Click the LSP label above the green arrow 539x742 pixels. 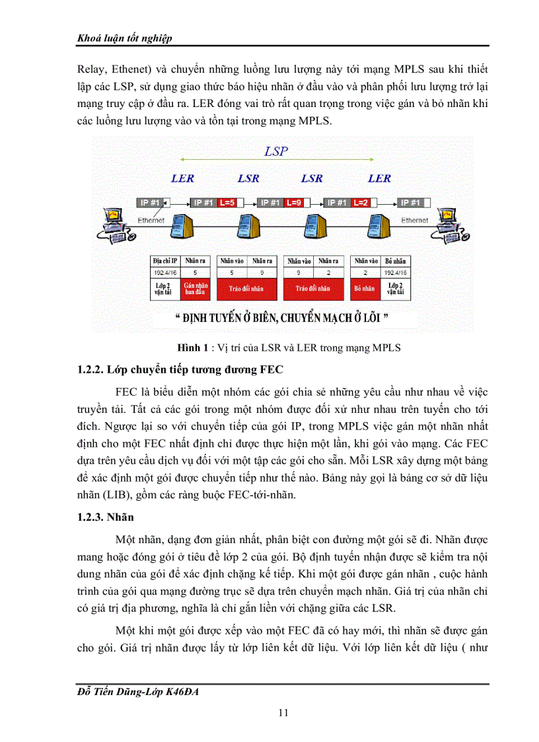[276, 151]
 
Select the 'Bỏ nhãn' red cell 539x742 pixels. [365, 289]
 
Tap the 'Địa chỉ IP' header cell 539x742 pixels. [165, 260]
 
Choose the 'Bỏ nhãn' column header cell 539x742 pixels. [397, 260]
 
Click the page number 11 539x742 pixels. [283, 712]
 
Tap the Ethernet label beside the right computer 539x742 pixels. [415, 220]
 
